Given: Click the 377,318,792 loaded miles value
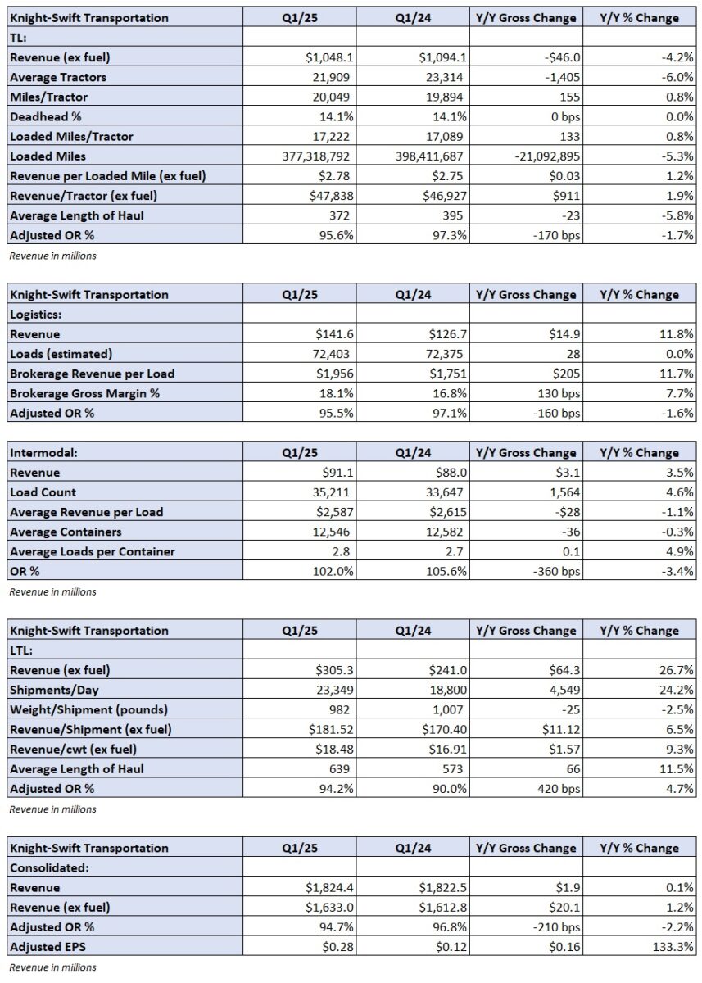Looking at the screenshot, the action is [x=315, y=156].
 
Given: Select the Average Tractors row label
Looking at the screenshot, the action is [x=58, y=77].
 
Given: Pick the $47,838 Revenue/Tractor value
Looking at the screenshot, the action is [x=331, y=196].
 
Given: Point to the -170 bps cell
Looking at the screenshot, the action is [x=556, y=235].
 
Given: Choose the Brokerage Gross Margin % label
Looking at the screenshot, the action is [x=84, y=393].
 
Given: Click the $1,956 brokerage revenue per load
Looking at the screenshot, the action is [x=335, y=374].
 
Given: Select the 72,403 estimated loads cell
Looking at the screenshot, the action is [x=331, y=354].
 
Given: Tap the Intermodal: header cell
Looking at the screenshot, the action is [x=44, y=452].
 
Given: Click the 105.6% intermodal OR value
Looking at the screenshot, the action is [x=446, y=571].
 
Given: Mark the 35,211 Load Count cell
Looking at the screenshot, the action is [x=331, y=492].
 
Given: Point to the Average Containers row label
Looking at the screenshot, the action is [x=66, y=532].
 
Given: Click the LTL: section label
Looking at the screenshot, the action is [x=21, y=650].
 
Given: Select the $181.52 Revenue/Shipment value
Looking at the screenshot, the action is [x=331, y=729].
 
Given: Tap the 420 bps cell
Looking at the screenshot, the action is [x=559, y=788].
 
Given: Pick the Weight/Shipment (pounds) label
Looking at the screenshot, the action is [x=89, y=709].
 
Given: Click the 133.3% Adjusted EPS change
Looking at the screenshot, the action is [x=673, y=947].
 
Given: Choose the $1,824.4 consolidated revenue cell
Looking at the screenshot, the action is [x=329, y=887].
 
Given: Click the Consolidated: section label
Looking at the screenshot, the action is [x=50, y=867].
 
